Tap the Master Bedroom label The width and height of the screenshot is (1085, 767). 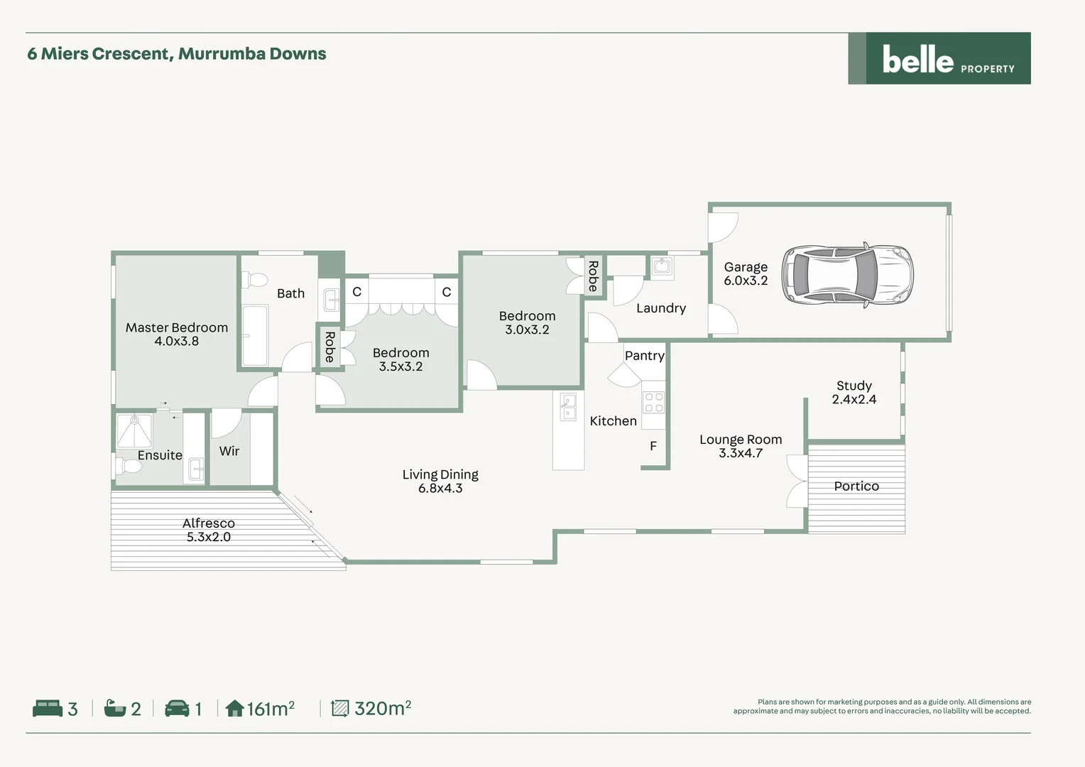click(177, 327)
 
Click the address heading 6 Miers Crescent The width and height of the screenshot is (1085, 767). click(176, 54)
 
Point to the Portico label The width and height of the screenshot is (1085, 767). click(856, 486)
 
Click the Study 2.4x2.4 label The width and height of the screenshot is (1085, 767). click(854, 392)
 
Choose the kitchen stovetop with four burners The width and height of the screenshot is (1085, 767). click(653, 403)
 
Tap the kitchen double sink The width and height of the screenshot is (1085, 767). click(568, 408)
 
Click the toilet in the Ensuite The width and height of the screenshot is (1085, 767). click(129, 467)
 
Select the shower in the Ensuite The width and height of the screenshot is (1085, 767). click(133, 430)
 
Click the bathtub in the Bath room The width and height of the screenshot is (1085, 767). click(255, 335)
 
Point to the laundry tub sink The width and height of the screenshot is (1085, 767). click(662, 266)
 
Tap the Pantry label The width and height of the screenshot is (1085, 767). click(644, 356)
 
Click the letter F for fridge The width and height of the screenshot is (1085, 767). click(653, 446)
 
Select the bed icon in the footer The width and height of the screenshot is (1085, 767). click(48, 708)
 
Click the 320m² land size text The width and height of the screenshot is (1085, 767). click(382, 708)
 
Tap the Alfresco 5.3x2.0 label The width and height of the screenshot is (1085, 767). click(208, 530)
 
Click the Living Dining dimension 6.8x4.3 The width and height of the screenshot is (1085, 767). click(440, 489)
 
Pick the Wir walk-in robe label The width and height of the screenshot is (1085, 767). click(229, 451)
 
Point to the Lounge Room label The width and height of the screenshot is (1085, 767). click(740, 440)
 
